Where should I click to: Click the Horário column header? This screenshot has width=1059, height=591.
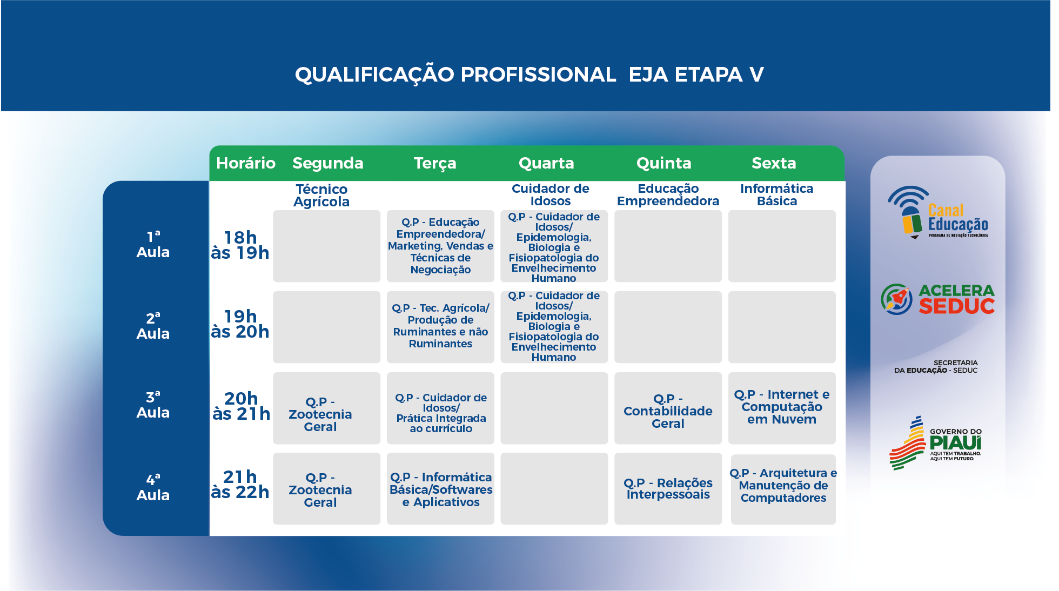pos(246,163)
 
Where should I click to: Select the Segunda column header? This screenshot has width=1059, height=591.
pos(328,164)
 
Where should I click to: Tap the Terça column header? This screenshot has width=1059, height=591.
pos(435,164)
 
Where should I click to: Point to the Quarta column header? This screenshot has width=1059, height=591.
pos(546,163)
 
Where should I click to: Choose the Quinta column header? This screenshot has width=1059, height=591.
pos(664,163)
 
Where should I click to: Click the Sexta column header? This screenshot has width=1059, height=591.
pos(774,163)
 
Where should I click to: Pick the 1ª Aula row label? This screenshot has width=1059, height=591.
pos(153,245)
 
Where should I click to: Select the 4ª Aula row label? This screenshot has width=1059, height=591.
pos(153,488)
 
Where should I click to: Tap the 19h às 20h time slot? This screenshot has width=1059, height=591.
pos(240,324)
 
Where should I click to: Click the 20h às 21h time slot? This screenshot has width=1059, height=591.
pos(241,406)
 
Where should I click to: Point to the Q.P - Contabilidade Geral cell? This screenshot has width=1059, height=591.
pos(668,408)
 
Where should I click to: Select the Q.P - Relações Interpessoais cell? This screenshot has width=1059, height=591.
pos(668,488)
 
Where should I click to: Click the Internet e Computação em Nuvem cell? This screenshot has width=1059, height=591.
pos(782,408)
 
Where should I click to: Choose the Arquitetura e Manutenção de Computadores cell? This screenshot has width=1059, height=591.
pos(783,488)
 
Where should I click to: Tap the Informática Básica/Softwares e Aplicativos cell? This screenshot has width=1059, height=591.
pos(440,488)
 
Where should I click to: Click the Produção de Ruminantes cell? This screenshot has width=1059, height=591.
pos(440,327)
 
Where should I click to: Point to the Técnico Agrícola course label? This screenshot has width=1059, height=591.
pos(321,195)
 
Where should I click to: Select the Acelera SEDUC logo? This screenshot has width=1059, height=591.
pos(937,299)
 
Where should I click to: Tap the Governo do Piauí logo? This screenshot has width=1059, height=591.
pos(936,443)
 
